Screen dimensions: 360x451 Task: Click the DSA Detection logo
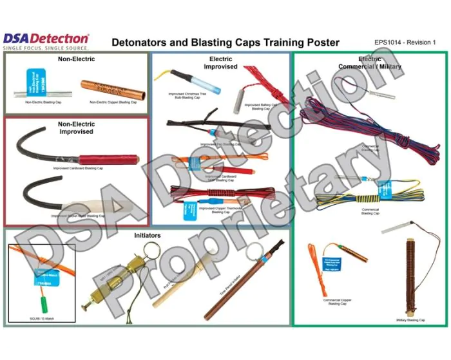46,39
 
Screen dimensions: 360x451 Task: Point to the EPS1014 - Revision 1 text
405,43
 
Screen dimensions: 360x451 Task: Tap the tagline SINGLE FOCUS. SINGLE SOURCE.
46,48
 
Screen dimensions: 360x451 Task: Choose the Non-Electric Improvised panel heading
76,127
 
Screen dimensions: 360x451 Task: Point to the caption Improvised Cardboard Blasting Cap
77,169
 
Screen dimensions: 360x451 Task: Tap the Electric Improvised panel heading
220,63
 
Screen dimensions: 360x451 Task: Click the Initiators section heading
148,236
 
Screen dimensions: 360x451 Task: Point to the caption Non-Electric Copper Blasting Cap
113,102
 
